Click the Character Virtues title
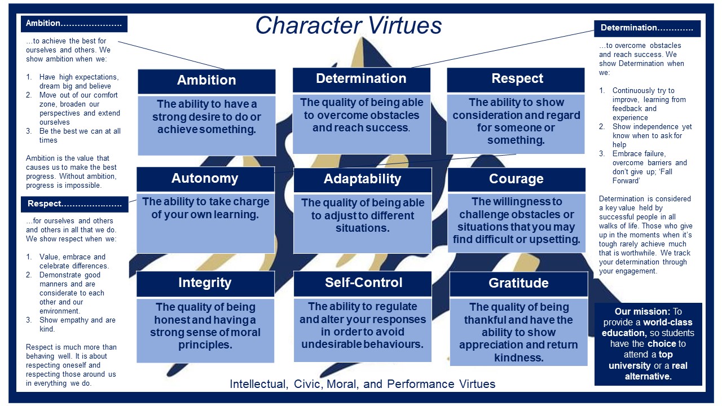[349, 25]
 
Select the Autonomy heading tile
[205, 179]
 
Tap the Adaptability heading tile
[363, 180]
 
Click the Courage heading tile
[516, 179]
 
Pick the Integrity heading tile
[205, 284]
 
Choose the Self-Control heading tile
[363, 284]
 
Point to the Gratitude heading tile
[518, 284]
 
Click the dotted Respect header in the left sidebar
[74, 204]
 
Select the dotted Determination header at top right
[647, 28]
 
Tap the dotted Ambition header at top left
[74, 24]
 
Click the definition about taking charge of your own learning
[206, 208]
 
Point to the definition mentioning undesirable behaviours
[363, 325]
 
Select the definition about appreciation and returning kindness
[518, 332]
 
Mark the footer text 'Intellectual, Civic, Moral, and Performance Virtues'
[362, 384]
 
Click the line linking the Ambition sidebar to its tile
[171, 55]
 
